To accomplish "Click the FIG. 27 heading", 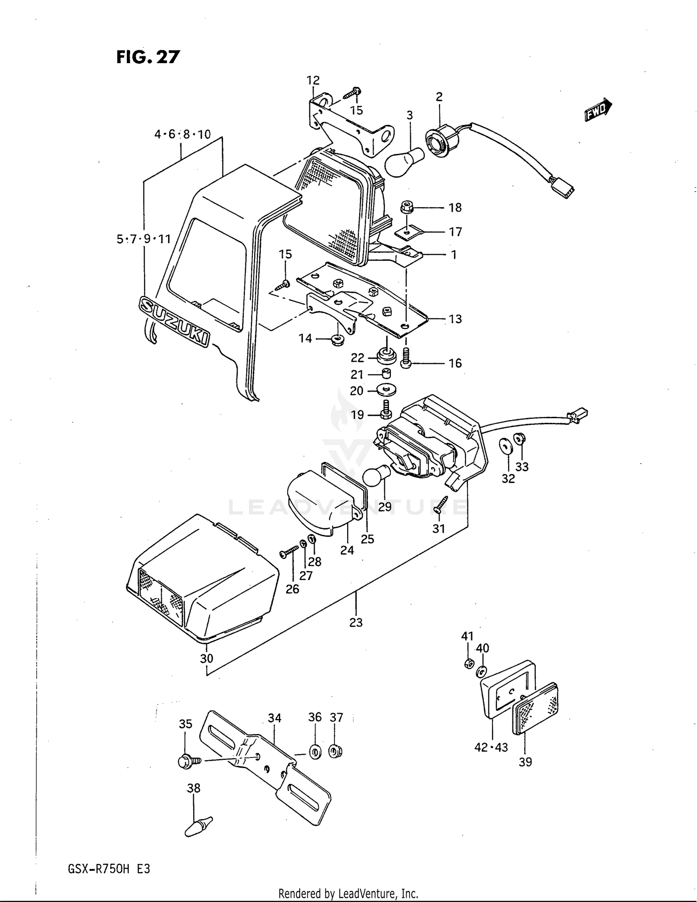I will (x=148, y=57).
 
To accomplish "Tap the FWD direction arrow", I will (x=598, y=110).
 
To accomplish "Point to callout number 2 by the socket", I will (x=439, y=97).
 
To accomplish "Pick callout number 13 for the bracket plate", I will (x=455, y=319).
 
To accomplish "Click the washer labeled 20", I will (x=387, y=389).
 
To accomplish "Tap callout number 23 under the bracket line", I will (x=356, y=622).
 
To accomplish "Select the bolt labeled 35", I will (x=187, y=761).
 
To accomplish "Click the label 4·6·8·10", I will (x=183, y=134).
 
